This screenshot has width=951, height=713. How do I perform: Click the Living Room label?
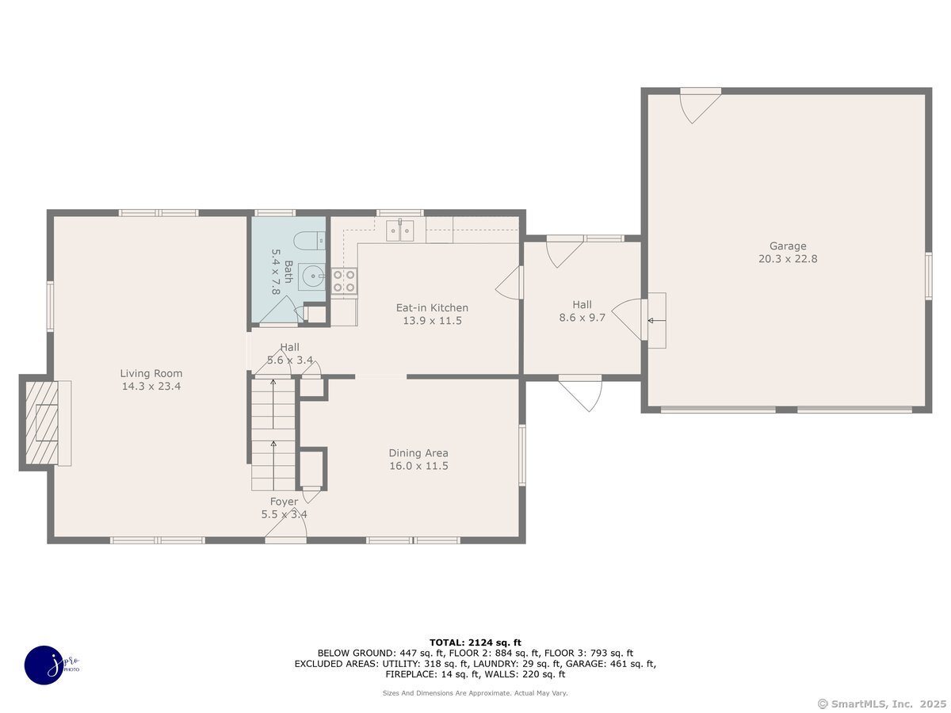[151, 373]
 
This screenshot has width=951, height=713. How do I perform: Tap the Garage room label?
[788, 246]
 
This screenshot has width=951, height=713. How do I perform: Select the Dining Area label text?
[418, 453]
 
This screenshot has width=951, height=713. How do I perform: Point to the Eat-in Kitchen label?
[432, 308]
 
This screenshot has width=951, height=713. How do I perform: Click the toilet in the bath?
[309, 241]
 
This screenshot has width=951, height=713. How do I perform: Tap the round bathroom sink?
[312, 276]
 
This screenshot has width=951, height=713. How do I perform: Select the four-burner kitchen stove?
[344, 281]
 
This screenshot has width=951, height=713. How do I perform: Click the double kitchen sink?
[400, 230]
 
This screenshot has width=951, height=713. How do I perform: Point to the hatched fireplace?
[41, 422]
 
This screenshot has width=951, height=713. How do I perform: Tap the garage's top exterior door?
[700, 105]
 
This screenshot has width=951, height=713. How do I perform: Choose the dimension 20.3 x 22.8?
[788, 259]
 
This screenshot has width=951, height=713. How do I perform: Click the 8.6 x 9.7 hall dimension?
[582, 318]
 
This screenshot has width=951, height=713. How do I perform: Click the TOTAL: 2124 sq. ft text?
[475, 642]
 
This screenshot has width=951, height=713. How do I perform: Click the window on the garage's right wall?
[929, 276]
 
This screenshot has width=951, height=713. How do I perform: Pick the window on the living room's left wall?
[50, 307]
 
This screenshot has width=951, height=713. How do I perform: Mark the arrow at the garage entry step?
[656, 320]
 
